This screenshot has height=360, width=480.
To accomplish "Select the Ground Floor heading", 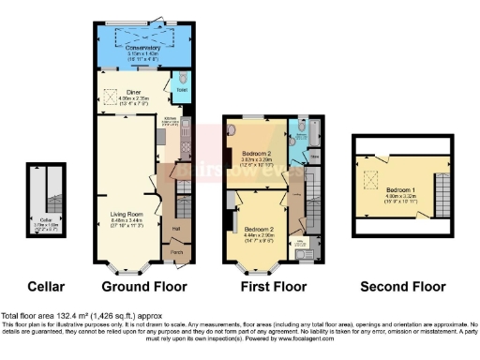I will click(x=143, y=286).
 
